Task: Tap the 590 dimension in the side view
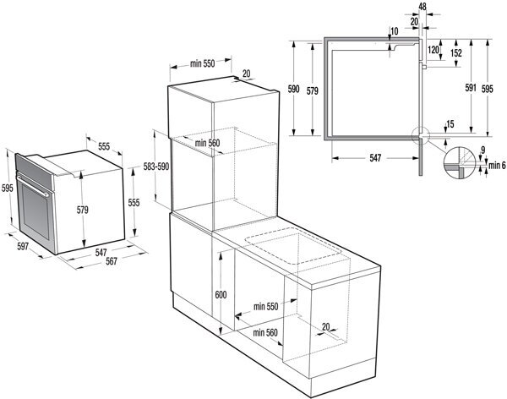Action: [x=293, y=87]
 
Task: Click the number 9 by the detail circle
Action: [x=482, y=150]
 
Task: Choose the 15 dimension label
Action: [x=450, y=124]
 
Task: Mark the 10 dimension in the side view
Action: [x=395, y=32]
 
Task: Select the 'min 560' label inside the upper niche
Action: [x=207, y=143]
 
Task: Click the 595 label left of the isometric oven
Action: [x=8, y=188]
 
